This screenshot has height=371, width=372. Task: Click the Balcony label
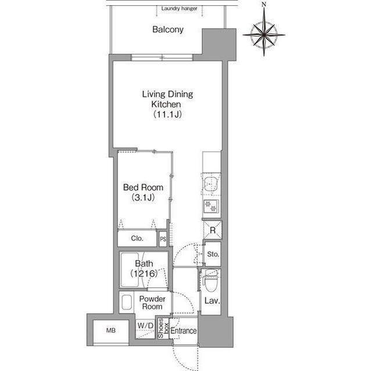168,30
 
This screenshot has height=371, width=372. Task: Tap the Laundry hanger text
179,9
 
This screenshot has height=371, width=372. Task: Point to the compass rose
264,35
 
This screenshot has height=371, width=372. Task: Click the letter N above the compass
264,4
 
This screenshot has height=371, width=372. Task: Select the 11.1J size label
167,114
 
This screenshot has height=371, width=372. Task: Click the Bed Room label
143,188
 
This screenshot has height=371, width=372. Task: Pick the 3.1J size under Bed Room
143,197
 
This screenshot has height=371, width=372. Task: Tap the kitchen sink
211,184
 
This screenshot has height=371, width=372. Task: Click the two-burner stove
211,206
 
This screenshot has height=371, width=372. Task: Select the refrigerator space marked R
213,230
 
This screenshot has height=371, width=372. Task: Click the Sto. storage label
213,254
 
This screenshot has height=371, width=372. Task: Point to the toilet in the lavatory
211,280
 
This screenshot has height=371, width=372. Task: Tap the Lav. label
212,301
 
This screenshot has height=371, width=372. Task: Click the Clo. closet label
137,238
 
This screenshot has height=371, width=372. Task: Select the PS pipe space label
163,239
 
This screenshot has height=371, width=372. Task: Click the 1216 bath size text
144,273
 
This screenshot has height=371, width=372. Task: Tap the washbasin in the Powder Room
127,302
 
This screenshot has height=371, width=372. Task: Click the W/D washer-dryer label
145,326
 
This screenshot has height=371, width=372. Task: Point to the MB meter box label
111,330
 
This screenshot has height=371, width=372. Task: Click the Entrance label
184,331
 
